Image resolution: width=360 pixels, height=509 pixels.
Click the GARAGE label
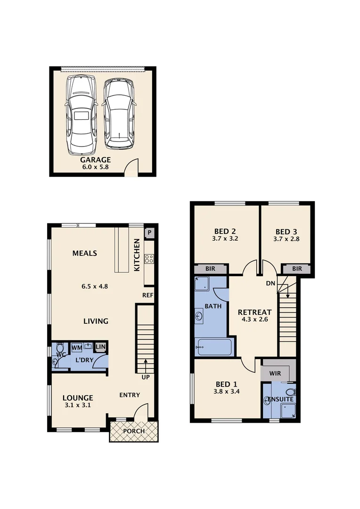[x=95, y=160]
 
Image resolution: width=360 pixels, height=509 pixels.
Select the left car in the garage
[x=81, y=115]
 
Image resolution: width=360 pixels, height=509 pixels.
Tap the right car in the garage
[x=119, y=114]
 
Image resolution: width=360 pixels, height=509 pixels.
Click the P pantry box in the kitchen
[x=149, y=232]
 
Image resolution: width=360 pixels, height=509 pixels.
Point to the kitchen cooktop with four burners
[x=149, y=258]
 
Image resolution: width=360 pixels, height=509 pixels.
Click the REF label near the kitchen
[x=147, y=296]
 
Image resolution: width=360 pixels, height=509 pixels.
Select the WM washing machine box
[x=77, y=347]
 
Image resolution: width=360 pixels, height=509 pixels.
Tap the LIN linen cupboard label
[x=100, y=347]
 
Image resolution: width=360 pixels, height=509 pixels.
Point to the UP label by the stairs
[x=145, y=377]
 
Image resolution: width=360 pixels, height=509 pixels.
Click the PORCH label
[x=134, y=431]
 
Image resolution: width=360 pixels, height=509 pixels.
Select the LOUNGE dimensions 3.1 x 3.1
[x=78, y=405]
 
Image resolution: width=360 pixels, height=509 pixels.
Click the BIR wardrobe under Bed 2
[x=211, y=269]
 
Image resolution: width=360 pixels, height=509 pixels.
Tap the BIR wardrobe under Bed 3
[x=297, y=269]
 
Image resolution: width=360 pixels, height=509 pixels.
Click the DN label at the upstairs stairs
[x=270, y=283]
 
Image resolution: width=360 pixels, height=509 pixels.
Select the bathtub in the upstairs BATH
[x=214, y=348]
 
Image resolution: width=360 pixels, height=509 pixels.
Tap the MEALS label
[x=85, y=254]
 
